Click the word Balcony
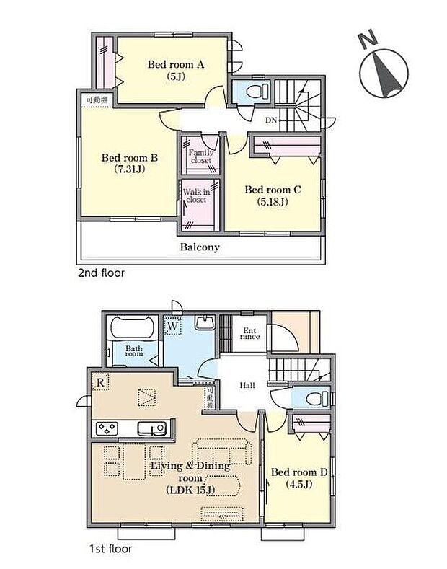coord(200,247)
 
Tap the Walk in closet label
coord(196,195)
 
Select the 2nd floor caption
coord(102,273)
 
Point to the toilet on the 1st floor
coord(312,398)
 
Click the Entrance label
coord(249,334)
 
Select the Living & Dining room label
coord(190,472)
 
